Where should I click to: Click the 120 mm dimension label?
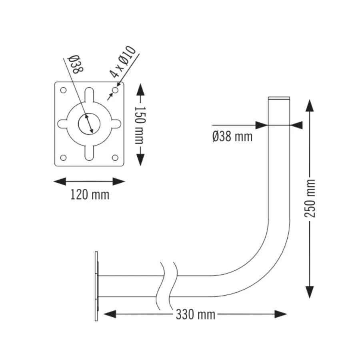[x=90, y=195]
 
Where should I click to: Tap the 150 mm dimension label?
[x=140, y=125]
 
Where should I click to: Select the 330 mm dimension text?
[x=195, y=314]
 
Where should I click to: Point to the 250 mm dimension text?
[x=310, y=198]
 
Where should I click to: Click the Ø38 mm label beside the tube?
[x=232, y=136]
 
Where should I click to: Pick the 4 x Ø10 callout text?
[x=123, y=62]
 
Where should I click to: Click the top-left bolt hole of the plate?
[x=63, y=90]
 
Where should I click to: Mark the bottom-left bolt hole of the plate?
[x=63, y=158]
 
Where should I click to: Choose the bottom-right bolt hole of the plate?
[x=115, y=158]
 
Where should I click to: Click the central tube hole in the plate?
[x=89, y=124]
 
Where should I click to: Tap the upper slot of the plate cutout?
[x=89, y=95]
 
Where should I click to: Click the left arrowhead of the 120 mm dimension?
[x=60, y=181]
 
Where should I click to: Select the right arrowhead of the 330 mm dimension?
[x=281, y=314]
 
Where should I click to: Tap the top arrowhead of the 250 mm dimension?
[x=310, y=106]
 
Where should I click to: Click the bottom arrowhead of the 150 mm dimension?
[x=140, y=160]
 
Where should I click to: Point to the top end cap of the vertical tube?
[x=279, y=98]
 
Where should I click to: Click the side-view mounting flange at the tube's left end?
[x=97, y=286]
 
